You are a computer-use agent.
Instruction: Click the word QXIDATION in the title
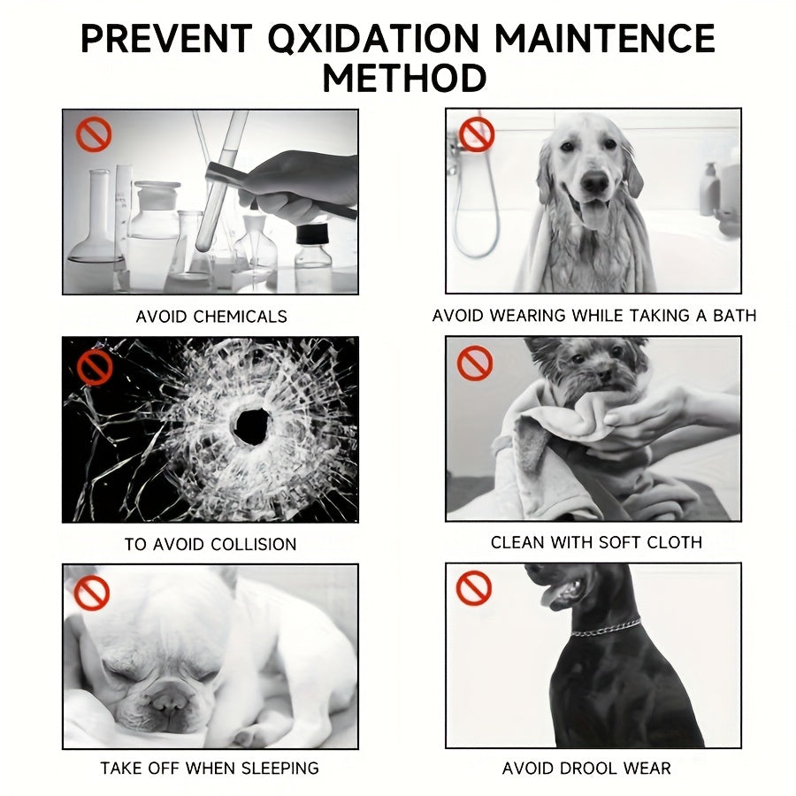pyautogui.click(x=372, y=39)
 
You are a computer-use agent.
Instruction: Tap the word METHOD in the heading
pyautogui.click(x=404, y=78)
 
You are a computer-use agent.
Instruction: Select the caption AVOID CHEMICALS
pyautogui.click(x=211, y=317)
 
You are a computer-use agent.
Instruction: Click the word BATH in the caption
pyautogui.click(x=735, y=316)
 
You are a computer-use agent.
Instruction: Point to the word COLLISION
pyautogui.click(x=253, y=544)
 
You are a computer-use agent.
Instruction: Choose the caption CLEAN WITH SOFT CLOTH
pyautogui.click(x=596, y=542)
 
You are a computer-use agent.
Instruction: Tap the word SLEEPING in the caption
pyautogui.click(x=279, y=768)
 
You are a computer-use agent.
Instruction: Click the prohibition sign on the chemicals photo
pyautogui.click(x=94, y=134)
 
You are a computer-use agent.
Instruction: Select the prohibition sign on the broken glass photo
pyautogui.click(x=95, y=367)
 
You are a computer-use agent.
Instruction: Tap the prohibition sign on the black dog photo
pyautogui.click(x=474, y=588)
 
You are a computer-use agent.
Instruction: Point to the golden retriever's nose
pyautogui.click(x=594, y=180)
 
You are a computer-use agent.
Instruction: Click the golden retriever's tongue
pyautogui.click(x=594, y=214)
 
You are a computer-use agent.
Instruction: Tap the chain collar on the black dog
pyautogui.click(x=606, y=627)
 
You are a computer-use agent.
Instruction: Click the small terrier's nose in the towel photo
pyautogui.click(x=605, y=375)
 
